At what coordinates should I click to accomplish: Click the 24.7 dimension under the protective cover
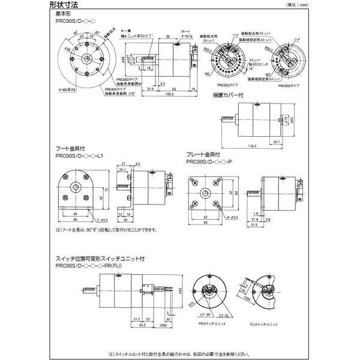click(275, 141)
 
